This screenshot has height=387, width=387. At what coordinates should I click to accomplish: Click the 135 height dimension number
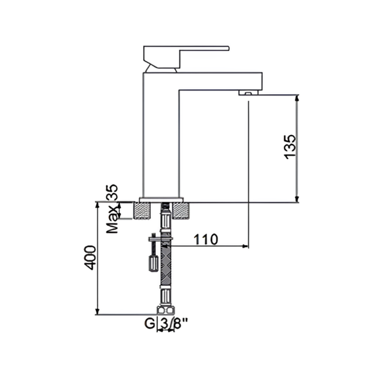tap(290, 146)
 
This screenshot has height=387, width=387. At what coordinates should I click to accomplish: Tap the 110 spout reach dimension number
tap(206, 239)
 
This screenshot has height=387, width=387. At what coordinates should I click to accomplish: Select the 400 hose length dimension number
tap(90, 257)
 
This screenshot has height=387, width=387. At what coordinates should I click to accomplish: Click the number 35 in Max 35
tap(112, 192)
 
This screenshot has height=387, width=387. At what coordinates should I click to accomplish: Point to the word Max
tap(112, 220)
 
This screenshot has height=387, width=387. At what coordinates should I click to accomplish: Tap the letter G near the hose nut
tap(150, 323)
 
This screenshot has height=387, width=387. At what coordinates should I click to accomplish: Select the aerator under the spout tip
tap(248, 93)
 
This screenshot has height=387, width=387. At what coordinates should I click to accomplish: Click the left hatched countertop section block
tap(142, 211)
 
